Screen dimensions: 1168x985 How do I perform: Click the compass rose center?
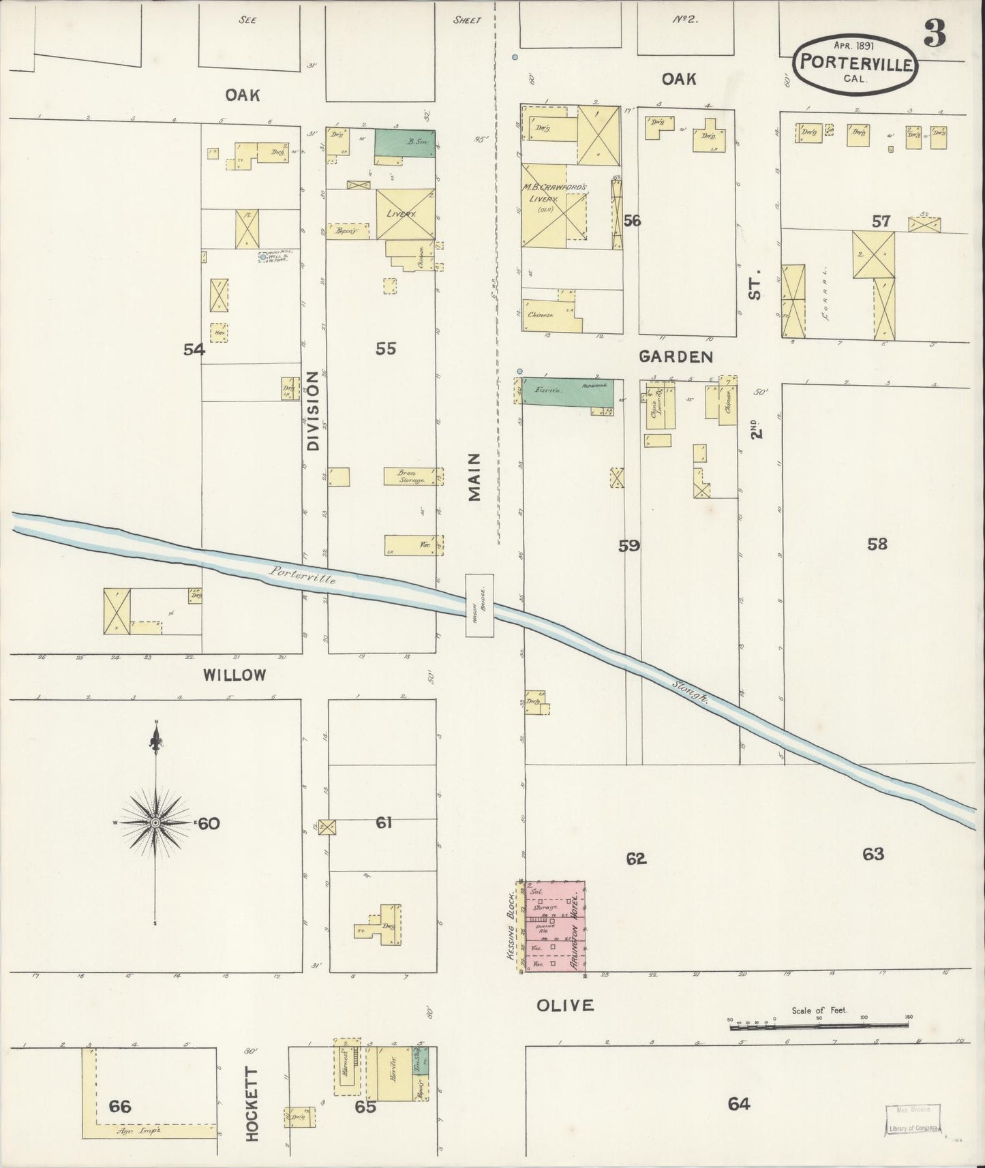(156, 823)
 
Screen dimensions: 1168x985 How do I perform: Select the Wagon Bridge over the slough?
(479, 604)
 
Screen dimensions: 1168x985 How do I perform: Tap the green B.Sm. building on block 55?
(405, 142)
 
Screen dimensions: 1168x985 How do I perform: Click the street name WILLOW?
(234, 675)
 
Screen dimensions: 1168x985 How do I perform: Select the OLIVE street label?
(564, 1004)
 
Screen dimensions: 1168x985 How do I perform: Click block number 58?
(877, 544)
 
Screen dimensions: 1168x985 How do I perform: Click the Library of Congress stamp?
(913, 1120)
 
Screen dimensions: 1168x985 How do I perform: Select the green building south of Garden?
(567, 391)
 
